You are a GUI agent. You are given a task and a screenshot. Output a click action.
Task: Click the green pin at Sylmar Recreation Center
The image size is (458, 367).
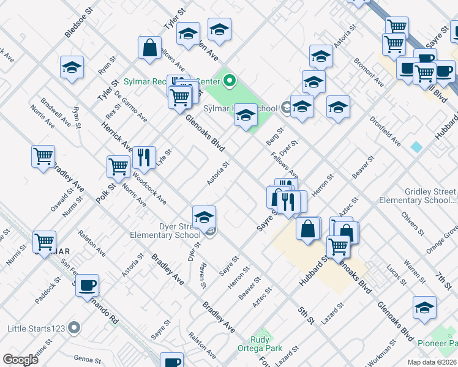coord(230,80)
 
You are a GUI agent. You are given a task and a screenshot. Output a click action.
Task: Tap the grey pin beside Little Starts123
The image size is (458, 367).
coord(75,328)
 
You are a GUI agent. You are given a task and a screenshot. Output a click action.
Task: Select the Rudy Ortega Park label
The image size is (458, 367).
coord(266,344)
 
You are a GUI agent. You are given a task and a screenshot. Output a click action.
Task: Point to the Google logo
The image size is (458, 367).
coord(20,360)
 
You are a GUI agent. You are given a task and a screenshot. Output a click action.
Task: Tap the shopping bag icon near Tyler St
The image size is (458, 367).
coord(149,48)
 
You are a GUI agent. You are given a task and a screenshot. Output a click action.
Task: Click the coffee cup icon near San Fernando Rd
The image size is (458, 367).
coord(88,284)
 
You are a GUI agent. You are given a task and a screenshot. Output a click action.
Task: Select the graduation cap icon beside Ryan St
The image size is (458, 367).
coord(72,67)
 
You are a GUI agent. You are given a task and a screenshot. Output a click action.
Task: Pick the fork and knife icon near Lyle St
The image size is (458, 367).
coord(143,157)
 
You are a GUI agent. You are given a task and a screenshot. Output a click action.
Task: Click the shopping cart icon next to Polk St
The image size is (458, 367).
coord(118,166)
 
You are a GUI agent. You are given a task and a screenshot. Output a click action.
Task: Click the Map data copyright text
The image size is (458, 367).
coord(430,362)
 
